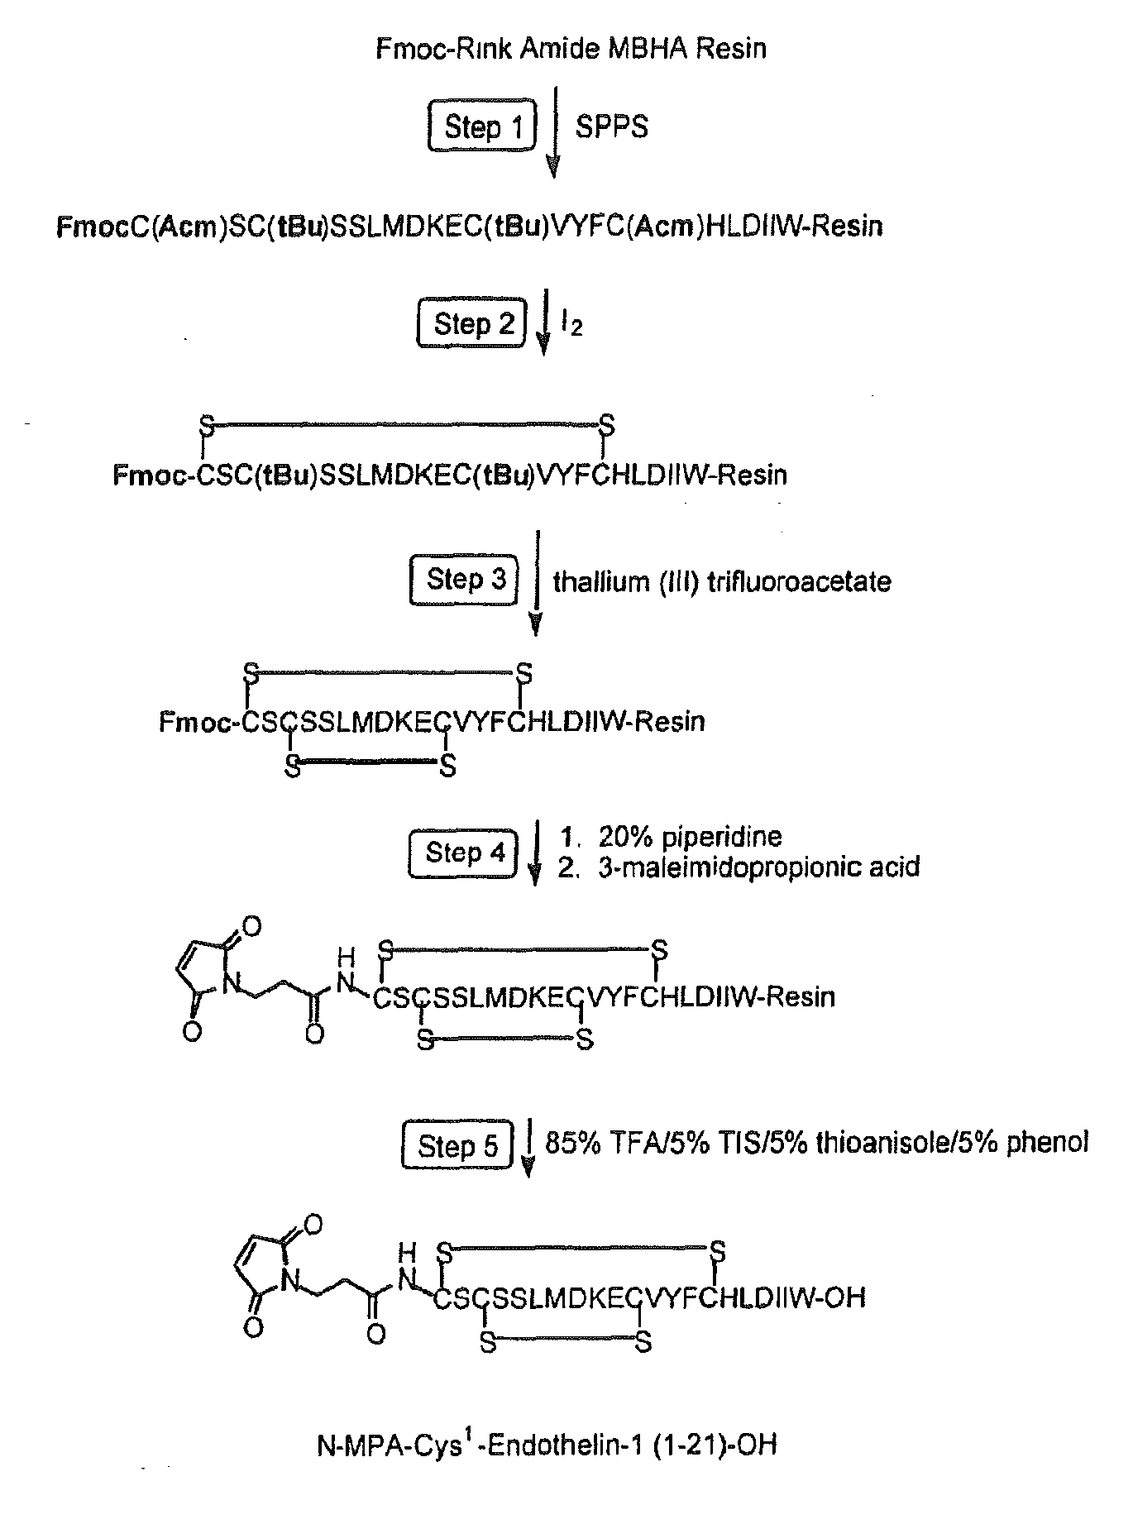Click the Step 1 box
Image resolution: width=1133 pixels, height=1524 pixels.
coord(482,127)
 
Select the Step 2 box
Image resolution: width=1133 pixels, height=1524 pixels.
coord(471,322)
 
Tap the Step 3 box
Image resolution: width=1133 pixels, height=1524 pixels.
coord(464,579)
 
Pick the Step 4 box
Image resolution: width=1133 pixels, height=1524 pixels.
coord(463,853)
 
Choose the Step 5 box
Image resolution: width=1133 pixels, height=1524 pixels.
coord(457,1144)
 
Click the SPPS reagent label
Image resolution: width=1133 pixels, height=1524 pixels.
coord(612,127)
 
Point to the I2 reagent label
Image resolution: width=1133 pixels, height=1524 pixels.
coord(571,324)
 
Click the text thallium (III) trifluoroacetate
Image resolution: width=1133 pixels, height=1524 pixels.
coord(722,581)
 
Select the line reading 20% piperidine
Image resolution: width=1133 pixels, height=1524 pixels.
coord(670,837)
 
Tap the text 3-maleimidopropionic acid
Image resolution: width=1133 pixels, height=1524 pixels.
coord(739,867)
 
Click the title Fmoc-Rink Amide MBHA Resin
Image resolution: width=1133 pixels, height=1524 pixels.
coord(571,49)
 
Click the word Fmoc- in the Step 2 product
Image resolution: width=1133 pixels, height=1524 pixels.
coord(155,475)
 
